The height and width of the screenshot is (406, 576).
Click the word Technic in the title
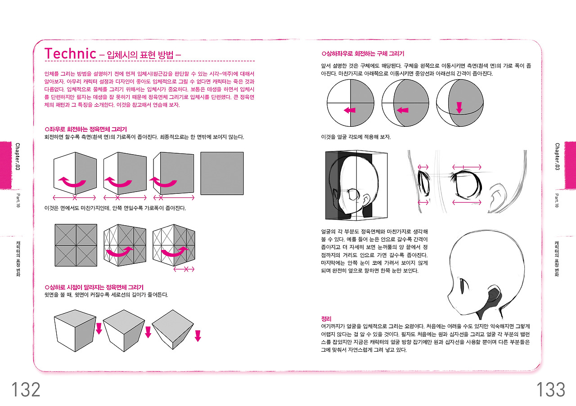pyautogui.click(x=70, y=54)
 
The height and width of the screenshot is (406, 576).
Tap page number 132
pyautogui.click(x=26, y=389)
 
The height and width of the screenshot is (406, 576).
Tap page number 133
pyautogui.click(x=550, y=389)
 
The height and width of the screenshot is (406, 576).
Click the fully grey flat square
pyautogui.click(x=222, y=173)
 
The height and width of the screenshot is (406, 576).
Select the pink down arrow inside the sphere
pyautogui.click(x=459, y=107)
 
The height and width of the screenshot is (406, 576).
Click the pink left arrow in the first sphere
pyautogui.click(x=350, y=110)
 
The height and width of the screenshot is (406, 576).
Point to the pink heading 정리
pyautogui.click(x=326, y=319)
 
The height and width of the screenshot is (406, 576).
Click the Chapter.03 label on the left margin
pyautogui.click(x=18, y=156)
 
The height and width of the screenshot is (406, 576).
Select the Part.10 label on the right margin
pyautogui.click(x=557, y=201)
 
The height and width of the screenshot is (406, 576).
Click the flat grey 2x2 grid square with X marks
pyautogui.click(x=76, y=245)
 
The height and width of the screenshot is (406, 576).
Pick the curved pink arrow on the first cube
pyautogui.click(x=72, y=182)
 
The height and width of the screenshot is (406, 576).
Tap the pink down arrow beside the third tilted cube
pyautogui.click(x=198, y=336)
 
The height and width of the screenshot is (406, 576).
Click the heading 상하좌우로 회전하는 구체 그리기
pyautogui.click(x=363, y=54)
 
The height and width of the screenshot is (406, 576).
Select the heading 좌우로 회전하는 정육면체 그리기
pyautogui.click(x=85, y=129)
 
